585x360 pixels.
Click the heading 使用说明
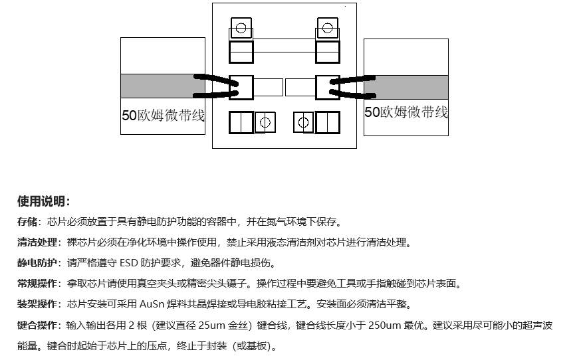[43, 201]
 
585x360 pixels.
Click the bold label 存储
[27, 222]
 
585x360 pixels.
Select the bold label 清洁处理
[37, 242]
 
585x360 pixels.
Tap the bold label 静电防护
[37, 263]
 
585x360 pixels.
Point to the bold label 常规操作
[37, 284]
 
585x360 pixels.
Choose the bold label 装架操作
[37, 304]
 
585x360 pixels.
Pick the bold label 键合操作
[37, 325]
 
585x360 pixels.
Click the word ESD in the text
[128, 263]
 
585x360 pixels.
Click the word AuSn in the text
[152, 304]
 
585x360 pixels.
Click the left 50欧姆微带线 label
[163, 115]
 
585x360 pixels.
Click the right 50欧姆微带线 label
[406, 112]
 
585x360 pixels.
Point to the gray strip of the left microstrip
[163, 86]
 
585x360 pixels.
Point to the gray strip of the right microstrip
[406, 87]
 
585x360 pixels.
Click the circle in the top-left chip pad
[241, 28]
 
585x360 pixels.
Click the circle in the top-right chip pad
[327, 28]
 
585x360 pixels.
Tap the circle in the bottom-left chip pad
[265, 122]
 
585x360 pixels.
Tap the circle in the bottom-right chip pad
[303, 122]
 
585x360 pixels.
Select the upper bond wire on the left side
[215, 79]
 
